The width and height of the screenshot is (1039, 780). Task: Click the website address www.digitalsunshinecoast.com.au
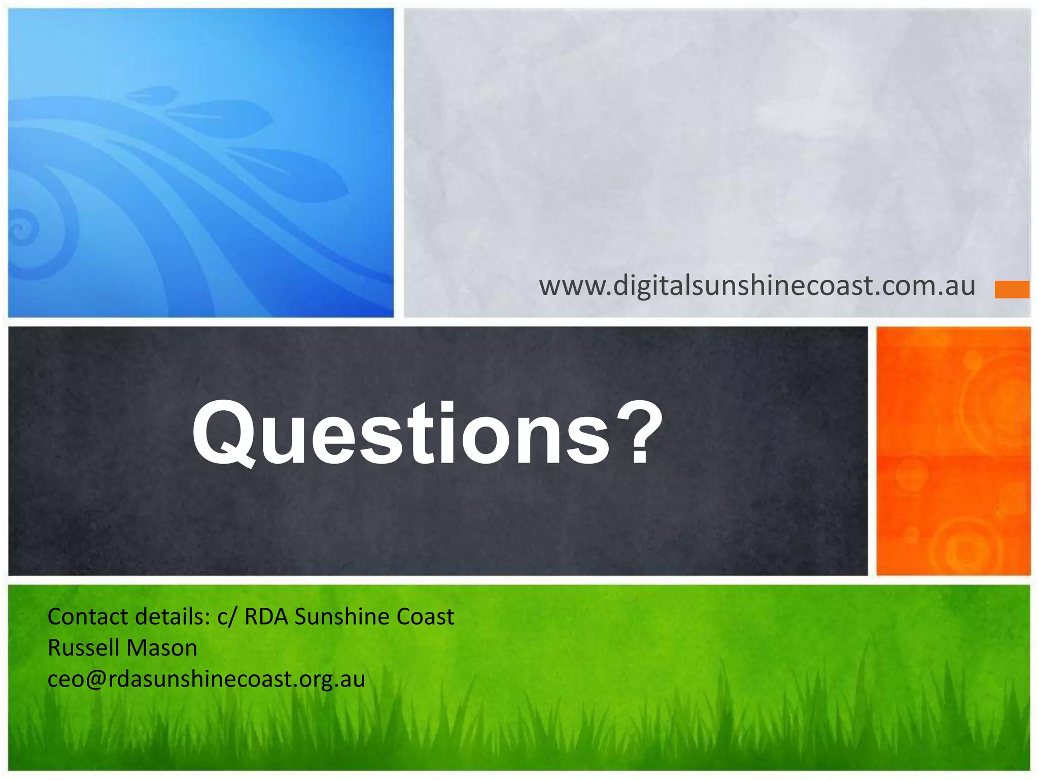point(757,285)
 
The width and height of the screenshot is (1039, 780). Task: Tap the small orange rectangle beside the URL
point(1012,289)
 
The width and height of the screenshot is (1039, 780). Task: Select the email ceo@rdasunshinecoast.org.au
point(206,679)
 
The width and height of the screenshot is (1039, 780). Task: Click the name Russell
point(83,648)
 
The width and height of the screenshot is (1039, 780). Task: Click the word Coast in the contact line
point(425,616)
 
